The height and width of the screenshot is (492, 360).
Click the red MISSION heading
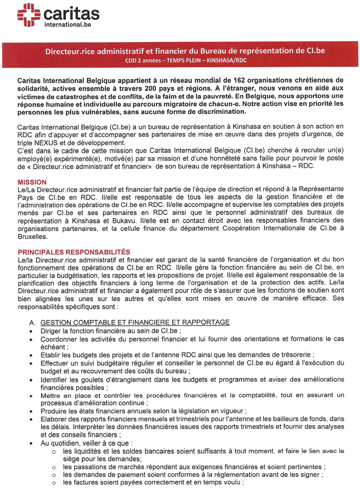coord(32,182)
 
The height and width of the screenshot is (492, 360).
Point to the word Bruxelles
coord(33,236)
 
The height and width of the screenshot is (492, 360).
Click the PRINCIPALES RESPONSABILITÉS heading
coord(74,252)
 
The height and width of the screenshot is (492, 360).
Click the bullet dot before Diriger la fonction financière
coord(32,331)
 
